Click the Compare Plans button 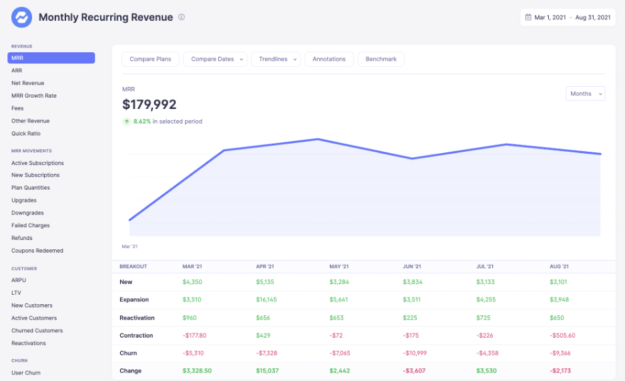tap(150, 59)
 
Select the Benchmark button tap(381, 59)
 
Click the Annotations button tap(329, 59)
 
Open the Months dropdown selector tap(585, 94)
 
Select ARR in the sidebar tap(17, 70)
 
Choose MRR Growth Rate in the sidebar tap(34, 96)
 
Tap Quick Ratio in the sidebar tap(26, 134)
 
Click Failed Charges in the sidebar tap(31, 225)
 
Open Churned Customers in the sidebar tap(37, 330)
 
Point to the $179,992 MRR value tap(150, 105)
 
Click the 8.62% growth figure tap(142, 122)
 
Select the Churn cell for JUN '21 tap(417, 353)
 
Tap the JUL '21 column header tap(485, 266)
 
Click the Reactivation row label tap(137, 317)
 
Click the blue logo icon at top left tap(21, 17)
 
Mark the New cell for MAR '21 tap(192, 282)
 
